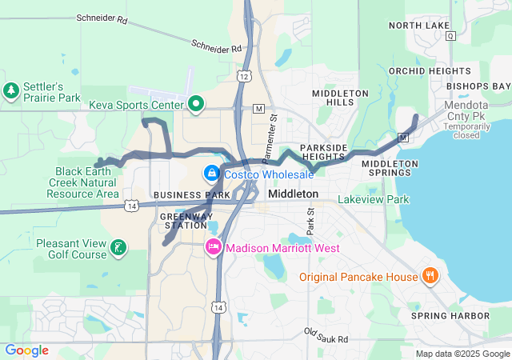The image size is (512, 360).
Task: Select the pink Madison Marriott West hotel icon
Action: click(x=214, y=247)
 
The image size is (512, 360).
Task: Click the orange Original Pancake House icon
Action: click(x=430, y=276)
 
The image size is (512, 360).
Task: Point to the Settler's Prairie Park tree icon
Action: click(x=12, y=91)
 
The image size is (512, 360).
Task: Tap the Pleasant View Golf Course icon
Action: click(x=118, y=247)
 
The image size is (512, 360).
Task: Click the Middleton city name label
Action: click(x=293, y=194)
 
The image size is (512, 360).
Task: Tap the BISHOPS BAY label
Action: click(x=478, y=86)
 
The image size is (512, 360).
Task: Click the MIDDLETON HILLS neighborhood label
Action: click(x=340, y=98)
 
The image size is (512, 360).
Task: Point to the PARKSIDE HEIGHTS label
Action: click(x=324, y=152)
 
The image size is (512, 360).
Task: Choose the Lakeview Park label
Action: click(x=373, y=198)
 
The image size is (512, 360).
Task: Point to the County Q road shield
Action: click(x=451, y=36)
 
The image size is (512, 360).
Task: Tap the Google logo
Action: click(x=26, y=350)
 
